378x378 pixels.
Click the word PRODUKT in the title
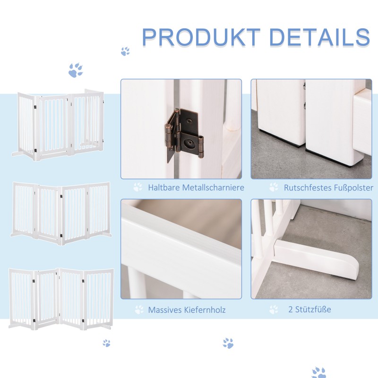pos(201,37)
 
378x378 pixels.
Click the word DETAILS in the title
pos(319,37)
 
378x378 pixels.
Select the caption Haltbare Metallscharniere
pos(196,187)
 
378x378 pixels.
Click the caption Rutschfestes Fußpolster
pos(328,188)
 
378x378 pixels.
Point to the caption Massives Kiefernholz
pos(187,309)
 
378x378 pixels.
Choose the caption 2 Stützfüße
pos(309,309)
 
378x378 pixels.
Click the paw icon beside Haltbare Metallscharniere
pos(138,187)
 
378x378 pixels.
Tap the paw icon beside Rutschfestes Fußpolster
pos(274,187)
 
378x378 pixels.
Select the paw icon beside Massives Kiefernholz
pos(139,309)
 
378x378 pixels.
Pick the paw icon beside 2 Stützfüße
pos(274,309)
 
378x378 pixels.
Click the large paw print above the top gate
pos(76,70)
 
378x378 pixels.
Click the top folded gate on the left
pos(59,125)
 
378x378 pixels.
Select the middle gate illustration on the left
pos(61,213)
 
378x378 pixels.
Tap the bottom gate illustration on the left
pos(61,299)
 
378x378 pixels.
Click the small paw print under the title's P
pos(125,52)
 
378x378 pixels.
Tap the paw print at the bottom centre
pos(228,343)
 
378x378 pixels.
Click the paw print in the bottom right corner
pos(318,372)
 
